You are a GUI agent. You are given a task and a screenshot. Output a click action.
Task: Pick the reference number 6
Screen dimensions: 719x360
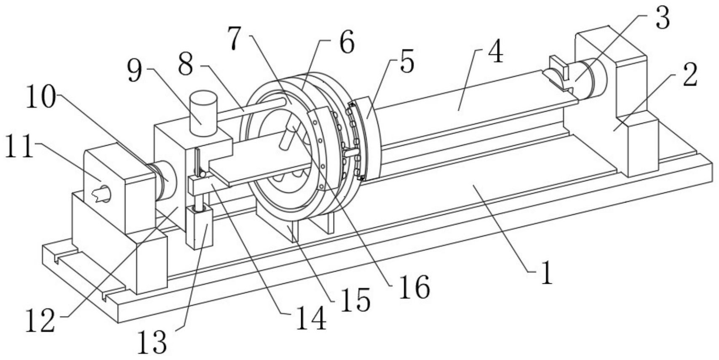tap(346, 41)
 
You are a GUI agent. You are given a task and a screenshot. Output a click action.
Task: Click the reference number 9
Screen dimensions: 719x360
tap(135, 71)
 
